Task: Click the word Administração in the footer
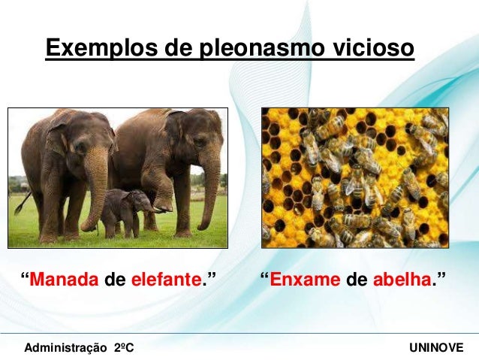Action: point(66,349)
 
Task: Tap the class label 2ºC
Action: point(124,349)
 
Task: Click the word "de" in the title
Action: point(177,49)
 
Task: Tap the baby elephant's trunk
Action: point(150,207)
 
